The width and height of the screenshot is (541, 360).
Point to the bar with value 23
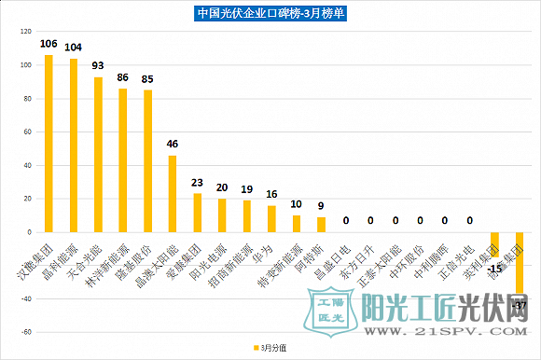(x=197, y=213)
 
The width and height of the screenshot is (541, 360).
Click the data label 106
(x=49, y=44)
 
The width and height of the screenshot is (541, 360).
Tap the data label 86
(x=123, y=77)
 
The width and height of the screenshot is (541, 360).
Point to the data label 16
(x=271, y=194)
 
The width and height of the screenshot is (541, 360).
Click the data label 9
(x=321, y=205)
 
